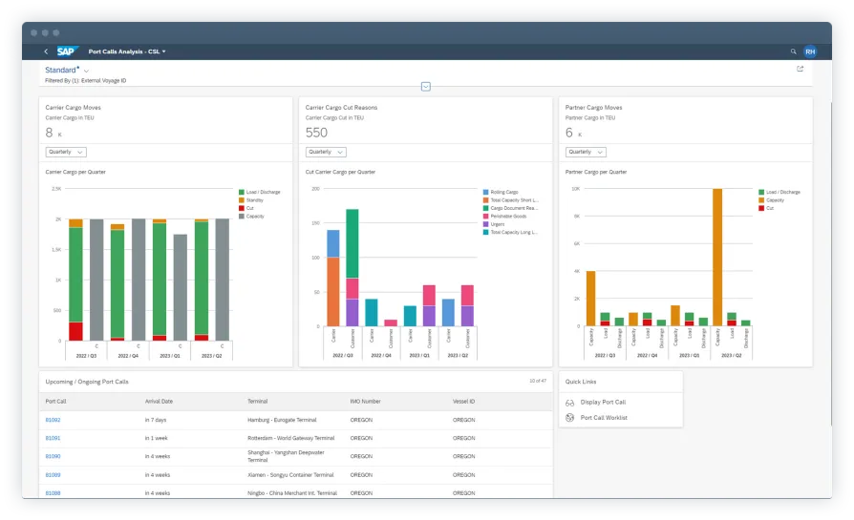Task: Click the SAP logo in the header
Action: tap(67, 51)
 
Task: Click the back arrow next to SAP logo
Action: tap(46, 51)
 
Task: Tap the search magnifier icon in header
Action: tap(793, 51)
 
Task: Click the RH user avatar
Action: tap(810, 52)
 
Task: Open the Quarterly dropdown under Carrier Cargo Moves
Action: tap(66, 152)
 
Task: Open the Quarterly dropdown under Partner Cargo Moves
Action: tap(586, 152)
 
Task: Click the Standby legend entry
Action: tap(254, 200)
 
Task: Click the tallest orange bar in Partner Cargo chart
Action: tap(717, 258)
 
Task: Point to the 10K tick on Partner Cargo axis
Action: tap(574, 189)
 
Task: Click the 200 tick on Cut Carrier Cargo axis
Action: tap(314, 189)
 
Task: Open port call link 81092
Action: tap(53, 420)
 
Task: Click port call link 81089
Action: tap(53, 474)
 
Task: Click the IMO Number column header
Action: tap(365, 402)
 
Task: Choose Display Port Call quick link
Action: tap(603, 403)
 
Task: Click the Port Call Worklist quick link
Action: tap(603, 417)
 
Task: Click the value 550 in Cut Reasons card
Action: tap(316, 134)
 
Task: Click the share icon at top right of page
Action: tap(800, 69)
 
